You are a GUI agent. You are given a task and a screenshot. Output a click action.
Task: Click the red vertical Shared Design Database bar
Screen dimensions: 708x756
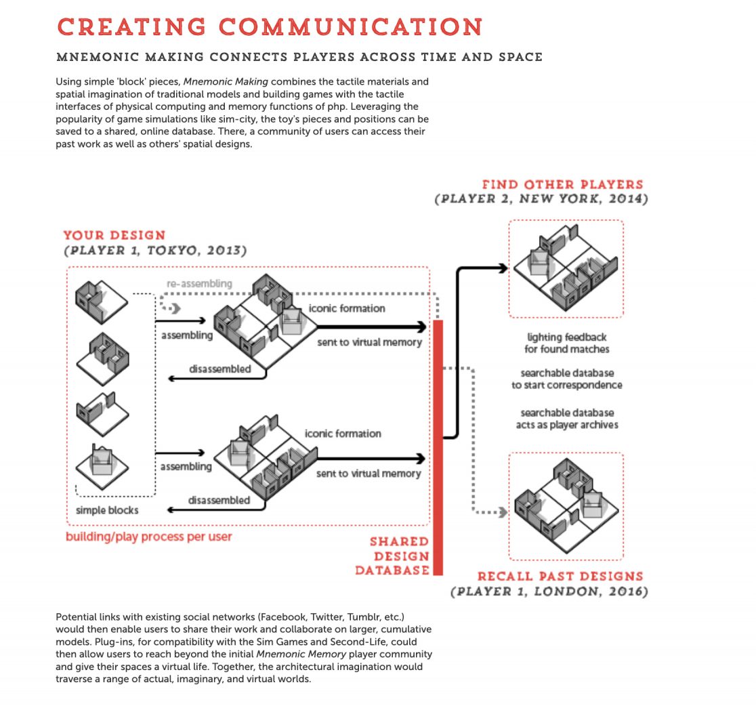point(438,447)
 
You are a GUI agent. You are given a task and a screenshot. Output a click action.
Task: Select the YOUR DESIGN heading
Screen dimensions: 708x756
point(114,236)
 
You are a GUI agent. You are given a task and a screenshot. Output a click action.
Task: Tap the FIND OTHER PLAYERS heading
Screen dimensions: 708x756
point(562,184)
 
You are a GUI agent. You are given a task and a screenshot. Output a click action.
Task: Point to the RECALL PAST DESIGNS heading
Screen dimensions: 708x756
point(560,577)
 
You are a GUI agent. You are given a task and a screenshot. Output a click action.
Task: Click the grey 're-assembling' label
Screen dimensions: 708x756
point(199,284)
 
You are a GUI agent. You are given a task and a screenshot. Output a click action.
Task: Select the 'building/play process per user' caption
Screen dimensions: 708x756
point(148,537)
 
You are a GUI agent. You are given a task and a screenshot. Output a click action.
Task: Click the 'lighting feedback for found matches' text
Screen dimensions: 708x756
point(566,343)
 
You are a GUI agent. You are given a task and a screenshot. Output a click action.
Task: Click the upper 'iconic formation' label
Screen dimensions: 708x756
point(347,308)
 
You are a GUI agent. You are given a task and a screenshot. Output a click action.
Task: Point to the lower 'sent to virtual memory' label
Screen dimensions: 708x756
point(369,474)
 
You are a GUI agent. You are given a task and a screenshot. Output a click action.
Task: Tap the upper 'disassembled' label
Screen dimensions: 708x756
point(219,369)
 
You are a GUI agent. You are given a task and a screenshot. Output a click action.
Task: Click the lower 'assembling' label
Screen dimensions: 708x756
point(186,466)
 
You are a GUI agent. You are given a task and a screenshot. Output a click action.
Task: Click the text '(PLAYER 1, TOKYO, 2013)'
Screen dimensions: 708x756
point(155,251)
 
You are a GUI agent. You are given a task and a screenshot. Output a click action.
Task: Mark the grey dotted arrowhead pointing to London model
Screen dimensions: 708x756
point(503,512)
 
